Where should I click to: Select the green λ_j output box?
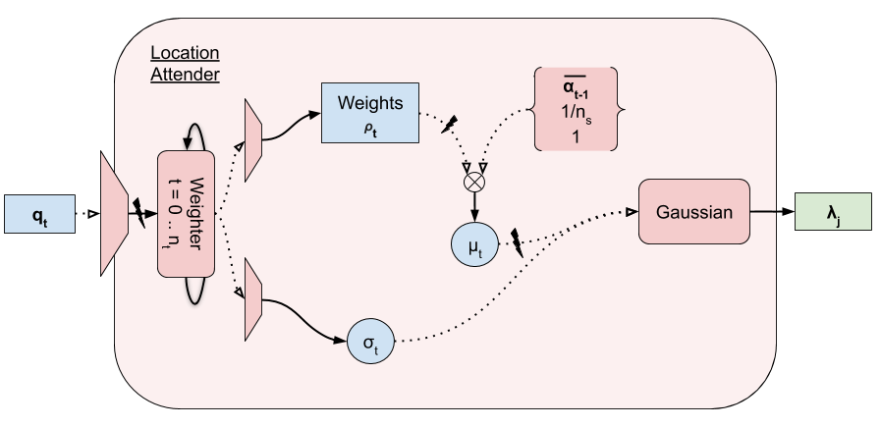pyautogui.click(x=833, y=212)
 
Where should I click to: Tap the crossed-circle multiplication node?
pyautogui.click(x=476, y=181)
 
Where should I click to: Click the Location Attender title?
pyautogui.click(x=185, y=63)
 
